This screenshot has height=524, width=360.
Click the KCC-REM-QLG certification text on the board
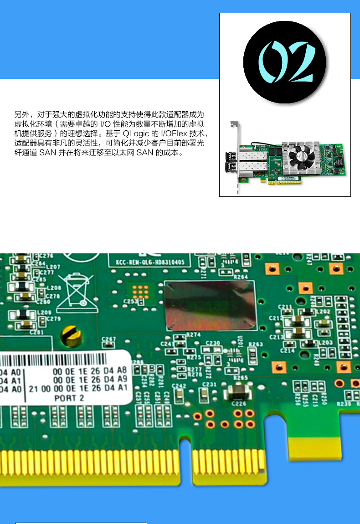pyautogui.click(x=146, y=262)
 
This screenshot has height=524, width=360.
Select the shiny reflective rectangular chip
pyautogui.click(x=211, y=305)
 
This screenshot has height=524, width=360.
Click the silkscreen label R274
pyautogui.click(x=194, y=335)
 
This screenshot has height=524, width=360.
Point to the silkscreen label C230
pyautogui.click(x=213, y=343)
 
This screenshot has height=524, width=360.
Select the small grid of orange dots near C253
pyautogui.click(x=141, y=289)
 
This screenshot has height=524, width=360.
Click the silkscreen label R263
pyautogui.click(x=256, y=344)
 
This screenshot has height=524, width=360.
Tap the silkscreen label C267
pyautogui.click(x=109, y=339)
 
